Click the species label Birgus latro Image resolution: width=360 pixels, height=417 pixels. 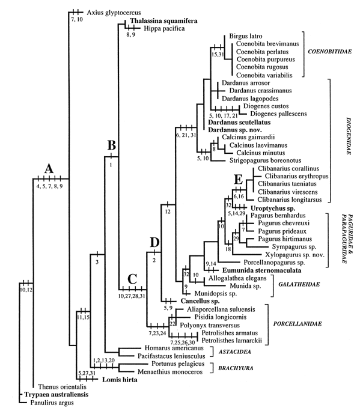point(246,36)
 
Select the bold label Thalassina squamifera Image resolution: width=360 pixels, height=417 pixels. point(164,21)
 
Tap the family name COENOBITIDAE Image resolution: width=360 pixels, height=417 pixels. point(330,51)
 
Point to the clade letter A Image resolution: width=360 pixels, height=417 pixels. point(49,169)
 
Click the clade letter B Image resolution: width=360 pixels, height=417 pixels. point(111,145)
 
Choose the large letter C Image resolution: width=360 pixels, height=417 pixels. point(132,279)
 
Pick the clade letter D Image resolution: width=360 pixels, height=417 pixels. point(154,243)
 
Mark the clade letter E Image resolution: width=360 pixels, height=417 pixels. point(239,180)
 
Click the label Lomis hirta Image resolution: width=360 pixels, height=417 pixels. point(120,380)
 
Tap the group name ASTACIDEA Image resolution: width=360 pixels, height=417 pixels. point(234,352)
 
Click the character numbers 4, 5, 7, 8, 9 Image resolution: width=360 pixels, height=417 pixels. point(50,186)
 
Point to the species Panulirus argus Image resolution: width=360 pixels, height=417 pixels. point(52,403)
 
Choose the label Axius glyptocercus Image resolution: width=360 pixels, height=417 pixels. point(114,13)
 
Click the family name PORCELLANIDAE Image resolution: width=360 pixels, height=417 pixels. point(297,324)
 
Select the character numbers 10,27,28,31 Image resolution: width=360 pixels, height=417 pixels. point(132,296)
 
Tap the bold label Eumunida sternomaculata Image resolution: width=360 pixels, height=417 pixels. point(262,270)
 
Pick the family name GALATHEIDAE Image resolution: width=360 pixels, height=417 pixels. point(299,284)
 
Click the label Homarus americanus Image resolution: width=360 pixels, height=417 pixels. point(174,348)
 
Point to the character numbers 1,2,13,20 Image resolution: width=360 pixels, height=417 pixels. point(104,361)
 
